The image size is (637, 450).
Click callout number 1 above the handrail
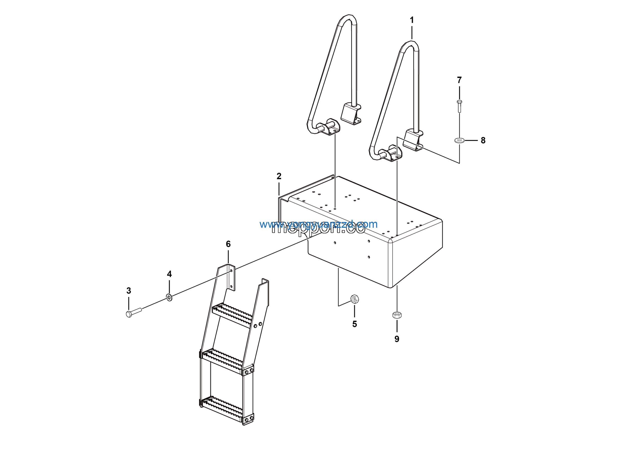412,20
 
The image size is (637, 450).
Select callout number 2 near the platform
279,176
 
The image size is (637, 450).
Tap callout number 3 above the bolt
129,291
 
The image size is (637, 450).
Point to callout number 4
169,274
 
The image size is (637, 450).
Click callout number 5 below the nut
355,324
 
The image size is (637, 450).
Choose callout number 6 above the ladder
228,244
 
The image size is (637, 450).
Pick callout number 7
459,80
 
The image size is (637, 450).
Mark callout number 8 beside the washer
483,140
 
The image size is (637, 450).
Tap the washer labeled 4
169,298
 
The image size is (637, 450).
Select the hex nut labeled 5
355,299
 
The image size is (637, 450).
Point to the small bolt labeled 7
459,106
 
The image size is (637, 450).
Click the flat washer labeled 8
460,140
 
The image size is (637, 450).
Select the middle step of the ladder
222,361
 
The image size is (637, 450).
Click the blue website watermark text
318,224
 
